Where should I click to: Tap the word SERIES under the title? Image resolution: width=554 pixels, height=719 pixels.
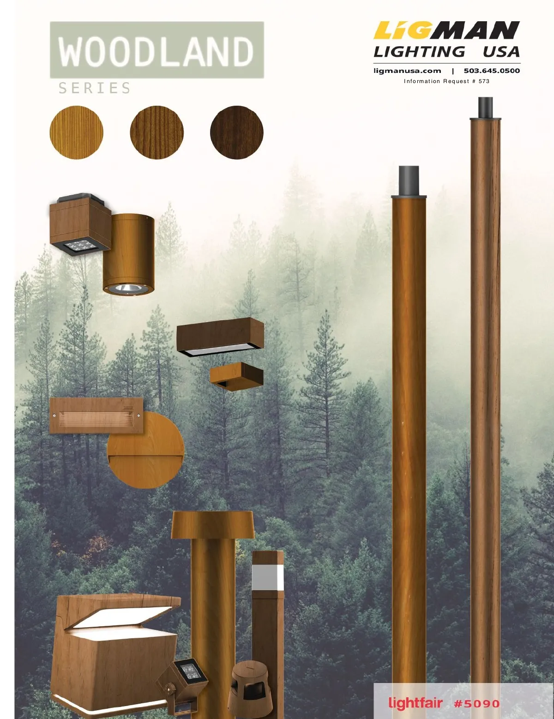click(x=95, y=88)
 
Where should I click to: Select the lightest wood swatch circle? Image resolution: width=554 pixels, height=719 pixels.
click(x=77, y=132)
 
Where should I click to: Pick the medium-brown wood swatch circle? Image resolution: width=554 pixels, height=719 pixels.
click(x=157, y=132)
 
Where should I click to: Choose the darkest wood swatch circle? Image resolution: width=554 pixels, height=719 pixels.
click(x=237, y=132)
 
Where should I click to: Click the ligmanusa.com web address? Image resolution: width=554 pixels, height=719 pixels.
click(x=407, y=71)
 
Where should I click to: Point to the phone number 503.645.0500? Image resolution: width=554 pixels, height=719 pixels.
click(x=492, y=71)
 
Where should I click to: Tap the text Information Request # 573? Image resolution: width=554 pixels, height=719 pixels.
click(x=446, y=81)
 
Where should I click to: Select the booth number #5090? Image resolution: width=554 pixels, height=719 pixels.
click(x=476, y=703)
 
